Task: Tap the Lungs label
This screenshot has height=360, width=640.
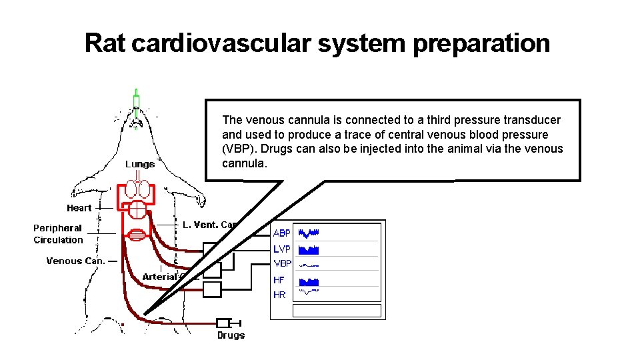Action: [140, 164]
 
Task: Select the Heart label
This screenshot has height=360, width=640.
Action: [79, 208]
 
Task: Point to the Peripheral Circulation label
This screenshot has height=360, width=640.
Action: [58, 234]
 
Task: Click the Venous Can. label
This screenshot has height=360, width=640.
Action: [75, 261]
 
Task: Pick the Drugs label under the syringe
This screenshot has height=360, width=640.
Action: [231, 335]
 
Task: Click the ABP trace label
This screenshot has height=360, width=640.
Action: [282, 233]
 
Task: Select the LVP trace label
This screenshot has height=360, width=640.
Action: [282, 249]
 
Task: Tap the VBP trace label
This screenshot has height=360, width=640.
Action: [283, 263]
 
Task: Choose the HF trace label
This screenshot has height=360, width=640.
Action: [279, 281]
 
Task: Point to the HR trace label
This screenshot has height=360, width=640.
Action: [279, 295]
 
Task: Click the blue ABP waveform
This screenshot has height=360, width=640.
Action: [309, 233]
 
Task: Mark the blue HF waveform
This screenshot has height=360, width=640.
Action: [309, 281]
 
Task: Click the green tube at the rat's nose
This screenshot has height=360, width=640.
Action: [136, 101]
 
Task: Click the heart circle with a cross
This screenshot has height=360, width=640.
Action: [137, 209]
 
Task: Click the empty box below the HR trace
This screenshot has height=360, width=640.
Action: [337, 311]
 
